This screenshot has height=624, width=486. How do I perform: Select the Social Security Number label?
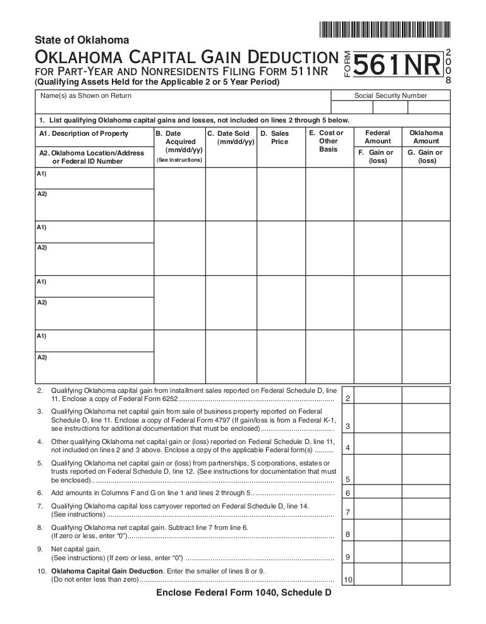(391, 96)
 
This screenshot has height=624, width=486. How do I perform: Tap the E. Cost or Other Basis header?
(329, 141)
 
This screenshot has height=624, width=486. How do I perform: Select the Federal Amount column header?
(378, 137)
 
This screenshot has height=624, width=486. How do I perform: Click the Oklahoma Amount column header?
(426, 137)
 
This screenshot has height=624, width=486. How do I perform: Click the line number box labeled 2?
(348, 399)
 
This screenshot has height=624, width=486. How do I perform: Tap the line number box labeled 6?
(348, 493)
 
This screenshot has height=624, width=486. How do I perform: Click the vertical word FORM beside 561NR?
(346, 65)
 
